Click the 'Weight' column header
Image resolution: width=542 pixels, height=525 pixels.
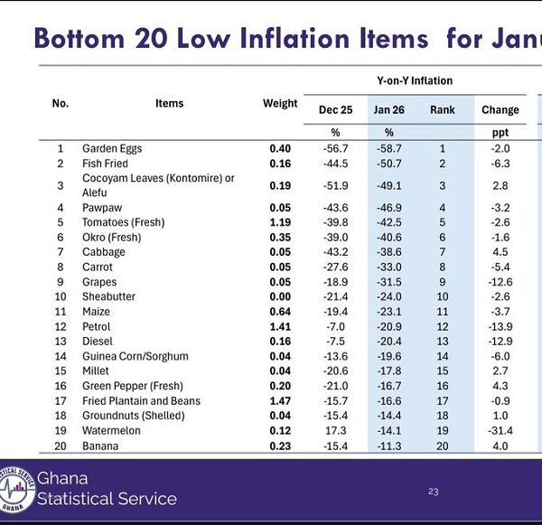[x=280, y=104]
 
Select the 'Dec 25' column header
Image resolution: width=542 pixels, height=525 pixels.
[x=335, y=110]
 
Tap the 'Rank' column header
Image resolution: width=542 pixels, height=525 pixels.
[x=443, y=110]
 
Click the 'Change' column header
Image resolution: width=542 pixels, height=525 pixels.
[x=500, y=110]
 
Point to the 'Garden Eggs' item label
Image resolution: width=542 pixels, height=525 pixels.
[x=112, y=148]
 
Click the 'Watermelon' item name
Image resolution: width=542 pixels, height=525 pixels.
[x=111, y=431]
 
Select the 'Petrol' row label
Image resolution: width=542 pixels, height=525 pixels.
[x=97, y=327]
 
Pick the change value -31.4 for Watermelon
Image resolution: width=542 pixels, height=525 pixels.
[x=500, y=431]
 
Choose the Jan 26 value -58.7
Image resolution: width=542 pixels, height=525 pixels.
[x=389, y=148]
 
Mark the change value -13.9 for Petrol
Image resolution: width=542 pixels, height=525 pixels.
[x=500, y=327]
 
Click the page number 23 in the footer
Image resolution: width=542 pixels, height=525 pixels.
[x=433, y=492]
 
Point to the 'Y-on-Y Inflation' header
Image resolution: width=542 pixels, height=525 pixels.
[x=415, y=81]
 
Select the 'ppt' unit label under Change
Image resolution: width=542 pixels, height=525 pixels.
[x=500, y=132]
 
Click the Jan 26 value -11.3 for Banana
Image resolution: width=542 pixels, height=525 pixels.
[x=389, y=445]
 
